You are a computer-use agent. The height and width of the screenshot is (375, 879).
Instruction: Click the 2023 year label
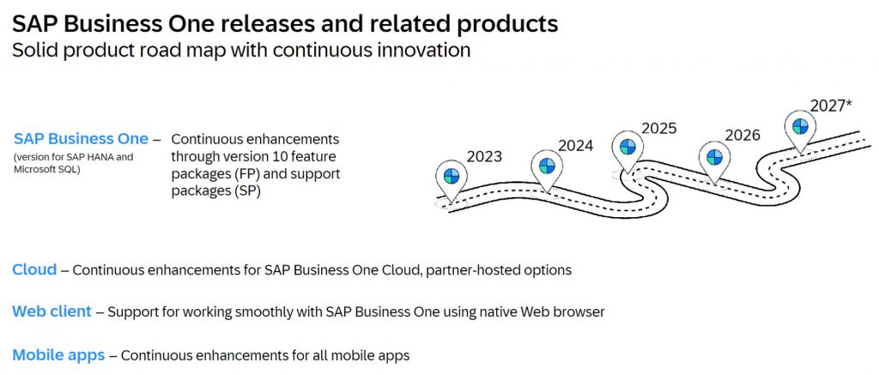484,156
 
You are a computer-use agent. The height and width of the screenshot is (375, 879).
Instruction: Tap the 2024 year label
575,146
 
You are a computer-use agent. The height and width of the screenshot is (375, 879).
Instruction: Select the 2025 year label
658,129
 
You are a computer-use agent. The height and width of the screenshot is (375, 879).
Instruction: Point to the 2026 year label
743,135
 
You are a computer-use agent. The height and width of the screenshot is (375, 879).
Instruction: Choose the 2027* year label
832,106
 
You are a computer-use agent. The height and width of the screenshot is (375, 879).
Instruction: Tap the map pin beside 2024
547,171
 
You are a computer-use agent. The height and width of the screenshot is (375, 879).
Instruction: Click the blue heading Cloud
34,269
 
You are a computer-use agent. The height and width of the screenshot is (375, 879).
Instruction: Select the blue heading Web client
52,311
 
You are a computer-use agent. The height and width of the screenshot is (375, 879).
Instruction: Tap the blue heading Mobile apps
58,355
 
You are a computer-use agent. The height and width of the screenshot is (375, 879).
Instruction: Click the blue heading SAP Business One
82,138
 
